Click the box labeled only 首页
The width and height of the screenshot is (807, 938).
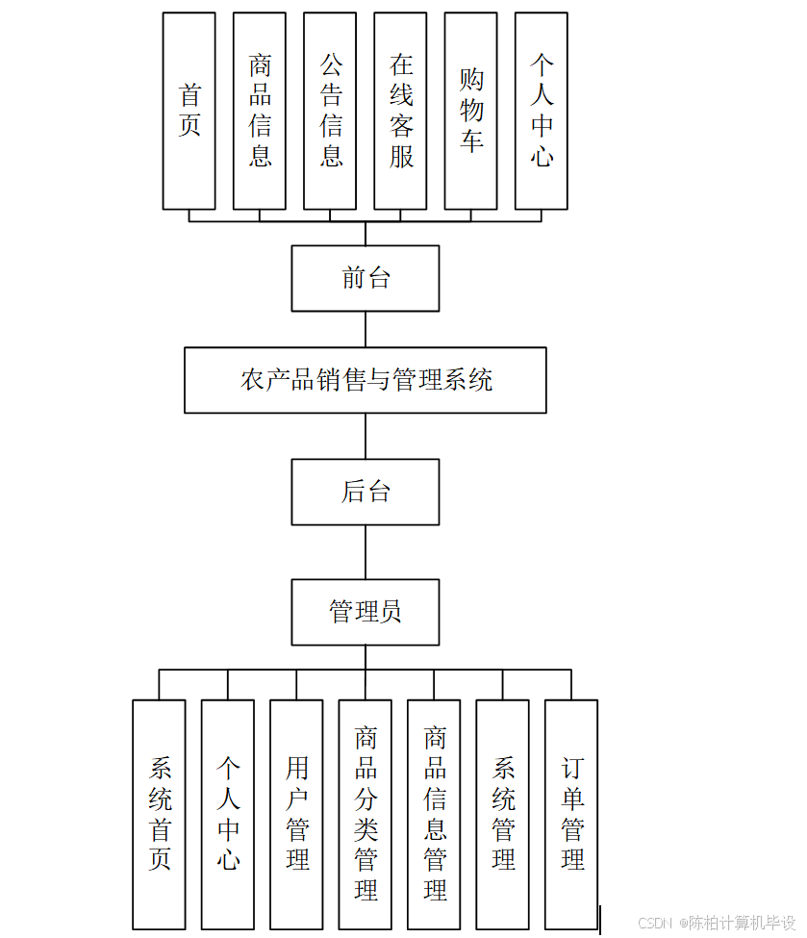(189, 111)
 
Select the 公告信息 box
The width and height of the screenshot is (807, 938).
(330, 111)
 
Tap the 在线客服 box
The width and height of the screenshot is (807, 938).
(400, 111)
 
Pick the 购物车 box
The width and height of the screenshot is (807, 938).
(470, 111)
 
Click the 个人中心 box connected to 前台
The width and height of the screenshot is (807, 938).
(542, 111)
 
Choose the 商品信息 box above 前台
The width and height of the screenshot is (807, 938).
(260, 111)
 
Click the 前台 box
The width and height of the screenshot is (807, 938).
(366, 278)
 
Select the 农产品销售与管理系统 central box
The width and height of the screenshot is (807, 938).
(366, 380)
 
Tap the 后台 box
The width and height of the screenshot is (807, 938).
(366, 492)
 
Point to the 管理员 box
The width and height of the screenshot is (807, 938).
(366, 612)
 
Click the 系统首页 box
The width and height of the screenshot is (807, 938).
(159, 814)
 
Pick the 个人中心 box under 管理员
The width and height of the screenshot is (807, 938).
(228, 814)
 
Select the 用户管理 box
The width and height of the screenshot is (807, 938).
(296, 814)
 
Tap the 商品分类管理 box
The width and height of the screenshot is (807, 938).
(366, 814)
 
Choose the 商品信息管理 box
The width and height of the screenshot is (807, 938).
(434, 814)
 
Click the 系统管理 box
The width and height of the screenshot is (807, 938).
(503, 814)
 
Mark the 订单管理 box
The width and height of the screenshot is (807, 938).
(571, 814)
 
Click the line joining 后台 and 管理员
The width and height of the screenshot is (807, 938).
(366, 551)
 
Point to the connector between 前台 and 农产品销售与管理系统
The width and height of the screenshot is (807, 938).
(366, 329)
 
